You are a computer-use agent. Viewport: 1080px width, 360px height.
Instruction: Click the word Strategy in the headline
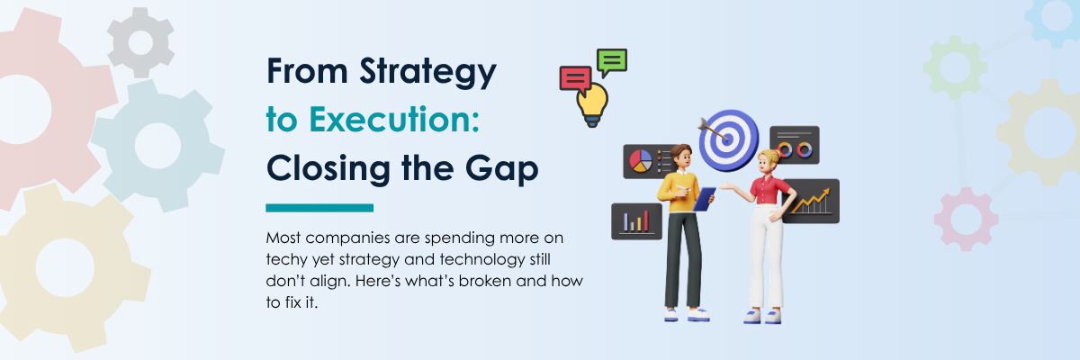(427, 72)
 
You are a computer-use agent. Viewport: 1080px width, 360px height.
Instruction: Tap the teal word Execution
(394, 119)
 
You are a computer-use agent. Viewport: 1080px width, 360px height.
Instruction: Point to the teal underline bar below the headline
(319, 208)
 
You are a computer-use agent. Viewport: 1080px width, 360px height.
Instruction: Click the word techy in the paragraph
(287, 260)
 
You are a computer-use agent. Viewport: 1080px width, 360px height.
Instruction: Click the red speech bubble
(576, 79)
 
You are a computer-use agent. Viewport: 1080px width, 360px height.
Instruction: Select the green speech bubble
(612, 62)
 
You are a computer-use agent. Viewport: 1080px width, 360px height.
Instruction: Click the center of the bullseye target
(728, 139)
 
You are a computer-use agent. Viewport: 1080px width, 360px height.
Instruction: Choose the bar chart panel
(636, 221)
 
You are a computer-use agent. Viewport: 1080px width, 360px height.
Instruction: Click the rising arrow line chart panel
(813, 201)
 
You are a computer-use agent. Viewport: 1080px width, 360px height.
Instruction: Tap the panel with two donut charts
(795, 145)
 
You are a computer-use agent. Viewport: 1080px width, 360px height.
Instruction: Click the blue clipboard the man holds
(704, 199)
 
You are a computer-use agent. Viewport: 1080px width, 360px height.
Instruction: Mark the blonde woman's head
(768, 162)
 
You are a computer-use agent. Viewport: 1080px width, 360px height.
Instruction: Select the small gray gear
(140, 43)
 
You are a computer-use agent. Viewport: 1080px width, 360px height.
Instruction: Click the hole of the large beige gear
(65, 267)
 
